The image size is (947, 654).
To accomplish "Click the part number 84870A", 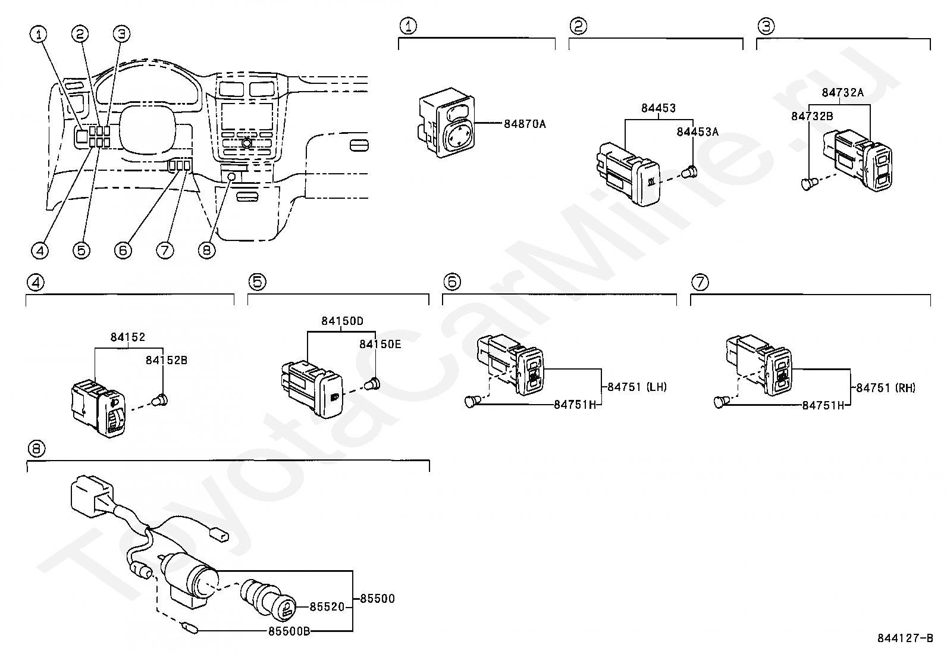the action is [x=525, y=124].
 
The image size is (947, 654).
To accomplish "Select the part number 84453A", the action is [x=697, y=132].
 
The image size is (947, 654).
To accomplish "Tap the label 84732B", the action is [x=812, y=116].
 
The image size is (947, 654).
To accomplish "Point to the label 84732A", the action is [x=842, y=93].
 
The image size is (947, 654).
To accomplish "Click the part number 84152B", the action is [x=166, y=361].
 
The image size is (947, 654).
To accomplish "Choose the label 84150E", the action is [x=380, y=345].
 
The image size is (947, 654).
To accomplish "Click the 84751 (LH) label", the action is [x=637, y=387].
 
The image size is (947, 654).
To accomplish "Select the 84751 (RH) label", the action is [x=886, y=388].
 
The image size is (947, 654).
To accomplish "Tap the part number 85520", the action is [x=327, y=607].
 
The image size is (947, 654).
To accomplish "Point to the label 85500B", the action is [x=289, y=631].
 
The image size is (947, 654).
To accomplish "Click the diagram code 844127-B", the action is [x=905, y=639].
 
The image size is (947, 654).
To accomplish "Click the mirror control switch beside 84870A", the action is [x=447, y=123].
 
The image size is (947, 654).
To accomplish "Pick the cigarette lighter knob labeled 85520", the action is [x=268, y=600].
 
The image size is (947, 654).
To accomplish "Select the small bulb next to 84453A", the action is [x=690, y=172].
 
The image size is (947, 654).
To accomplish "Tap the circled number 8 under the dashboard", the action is [x=207, y=251].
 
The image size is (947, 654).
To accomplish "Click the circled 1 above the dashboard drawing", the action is [x=39, y=35].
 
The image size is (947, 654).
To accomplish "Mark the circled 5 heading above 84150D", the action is [x=258, y=281].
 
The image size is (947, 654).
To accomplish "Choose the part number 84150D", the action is [x=343, y=321].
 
